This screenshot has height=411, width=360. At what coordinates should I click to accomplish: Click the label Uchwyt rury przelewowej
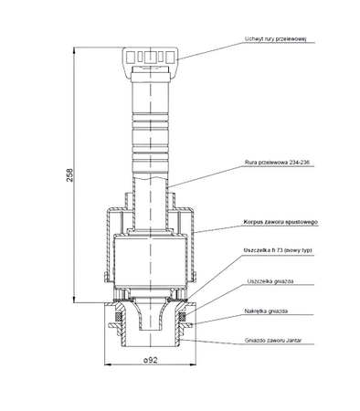[275, 39]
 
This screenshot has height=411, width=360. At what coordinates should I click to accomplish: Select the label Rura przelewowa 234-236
[277, 163]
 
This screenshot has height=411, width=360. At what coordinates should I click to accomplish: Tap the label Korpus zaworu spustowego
[281, 222]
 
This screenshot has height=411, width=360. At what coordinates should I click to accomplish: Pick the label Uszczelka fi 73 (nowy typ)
[278, 250]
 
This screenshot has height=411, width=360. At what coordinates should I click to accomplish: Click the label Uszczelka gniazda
[270, 281]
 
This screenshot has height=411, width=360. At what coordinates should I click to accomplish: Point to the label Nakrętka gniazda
[266, 311]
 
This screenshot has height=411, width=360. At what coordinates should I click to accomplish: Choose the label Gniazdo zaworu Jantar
[273, 340]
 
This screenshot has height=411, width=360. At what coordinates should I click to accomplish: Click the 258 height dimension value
[69, 175]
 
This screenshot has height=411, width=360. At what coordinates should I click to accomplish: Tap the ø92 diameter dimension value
[151, 360]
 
